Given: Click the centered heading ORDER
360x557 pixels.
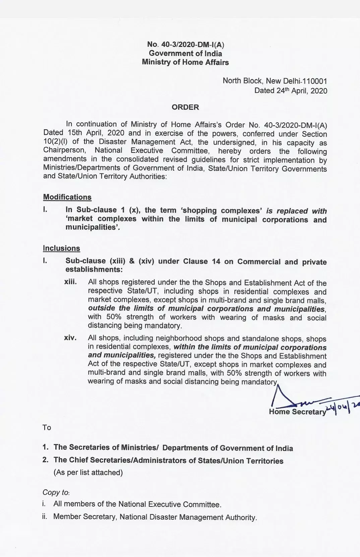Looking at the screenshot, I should pos(185,107).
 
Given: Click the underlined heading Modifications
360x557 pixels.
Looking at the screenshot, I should pos(67,197).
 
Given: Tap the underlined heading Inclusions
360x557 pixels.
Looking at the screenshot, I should pos(61,248).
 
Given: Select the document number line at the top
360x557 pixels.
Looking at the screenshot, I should pos(185,45).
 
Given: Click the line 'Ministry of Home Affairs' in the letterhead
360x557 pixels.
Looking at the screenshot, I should pos(185,62).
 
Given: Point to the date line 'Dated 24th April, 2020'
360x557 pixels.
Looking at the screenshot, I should pos(291,91).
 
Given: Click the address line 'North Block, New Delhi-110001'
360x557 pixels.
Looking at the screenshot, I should pos(275,81).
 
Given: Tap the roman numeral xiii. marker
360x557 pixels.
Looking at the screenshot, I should pos(70,282).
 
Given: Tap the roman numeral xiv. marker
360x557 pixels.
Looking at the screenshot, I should pos(70,338).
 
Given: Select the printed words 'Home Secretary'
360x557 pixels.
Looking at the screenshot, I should pos(297,412).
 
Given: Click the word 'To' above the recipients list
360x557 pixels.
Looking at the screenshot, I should pos(47,427).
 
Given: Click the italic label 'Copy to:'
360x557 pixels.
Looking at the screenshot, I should pos(56,492).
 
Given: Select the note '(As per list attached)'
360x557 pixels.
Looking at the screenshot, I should pos(88,473).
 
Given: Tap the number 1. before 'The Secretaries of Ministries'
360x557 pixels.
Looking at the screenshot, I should pos(46,447).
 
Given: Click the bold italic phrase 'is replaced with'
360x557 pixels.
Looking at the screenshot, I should pos(296,211).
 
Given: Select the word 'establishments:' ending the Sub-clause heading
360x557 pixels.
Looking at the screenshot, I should pos(94,270).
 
